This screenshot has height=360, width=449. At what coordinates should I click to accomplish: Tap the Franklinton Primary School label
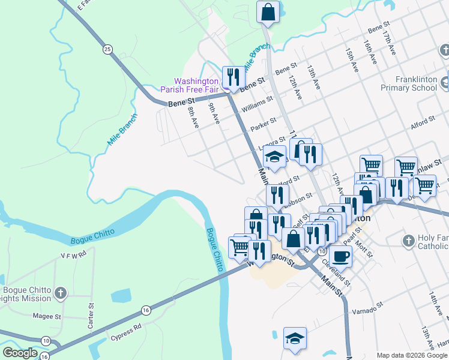click(x=408, y=83)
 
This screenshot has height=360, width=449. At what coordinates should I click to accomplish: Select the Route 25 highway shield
click(x=107, y=49)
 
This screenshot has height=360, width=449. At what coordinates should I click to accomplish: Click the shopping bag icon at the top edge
click(x=268, y=11)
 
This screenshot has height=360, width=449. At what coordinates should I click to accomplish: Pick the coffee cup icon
click(x=340, y=256)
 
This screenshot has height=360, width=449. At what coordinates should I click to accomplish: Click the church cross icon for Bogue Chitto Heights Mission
click(x=60, y=293)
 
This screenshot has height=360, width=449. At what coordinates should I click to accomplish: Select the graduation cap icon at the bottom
click(x=295, y=338)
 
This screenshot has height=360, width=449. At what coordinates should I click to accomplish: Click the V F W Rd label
click(x=74, y=254)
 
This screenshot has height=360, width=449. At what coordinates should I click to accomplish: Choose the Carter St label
click(x=91, y=314)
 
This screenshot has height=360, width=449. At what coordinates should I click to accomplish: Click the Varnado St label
click(x=367, y=310)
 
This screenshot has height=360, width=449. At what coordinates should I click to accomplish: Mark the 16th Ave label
click(x=370, y=53)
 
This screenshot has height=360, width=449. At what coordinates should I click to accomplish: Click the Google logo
click(x=20, y=353)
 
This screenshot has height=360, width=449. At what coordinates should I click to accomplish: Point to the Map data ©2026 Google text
click(x=411, y=355)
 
